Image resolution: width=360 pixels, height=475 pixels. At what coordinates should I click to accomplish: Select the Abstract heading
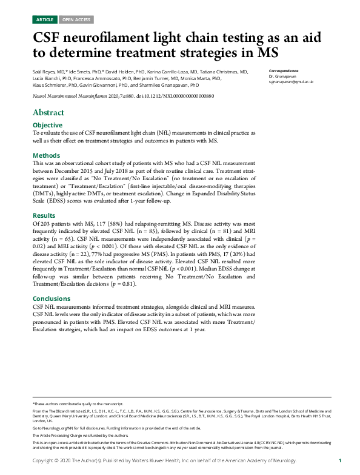(x=48, y=113)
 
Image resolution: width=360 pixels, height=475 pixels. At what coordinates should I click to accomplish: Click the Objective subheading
(x=47, y=125)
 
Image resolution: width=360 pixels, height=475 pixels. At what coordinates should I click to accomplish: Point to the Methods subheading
(x=46, y=155)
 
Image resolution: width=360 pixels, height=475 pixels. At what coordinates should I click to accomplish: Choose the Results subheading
(x=44, y=216)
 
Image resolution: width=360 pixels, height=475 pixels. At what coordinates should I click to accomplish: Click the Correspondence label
(x=282, y=71)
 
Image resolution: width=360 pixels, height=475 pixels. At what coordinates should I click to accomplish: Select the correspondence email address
(x=292, y=81)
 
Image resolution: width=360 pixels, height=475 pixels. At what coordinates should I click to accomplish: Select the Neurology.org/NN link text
(x=52, y=428)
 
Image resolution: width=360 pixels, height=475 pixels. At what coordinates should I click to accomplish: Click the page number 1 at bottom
(x=340, y=461)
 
